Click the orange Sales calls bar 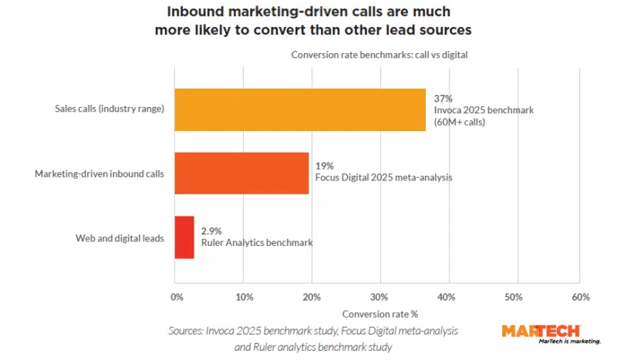pyautogui.click(x=300, y=109)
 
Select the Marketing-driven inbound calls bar pyautogui.click(x=241, y=173)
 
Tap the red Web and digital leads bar pyautogui.click(x=184, y=237)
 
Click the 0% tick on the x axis pyautogui.click(x=177, y=297)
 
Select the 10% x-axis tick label pyautogui.click(x=244, y=297)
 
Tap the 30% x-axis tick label pyautogui.click(x=379, y=297)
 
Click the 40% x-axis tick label pyautogui.click(x=446, y=297)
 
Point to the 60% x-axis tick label pyautogui.click(x=581, y=297)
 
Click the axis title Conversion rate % pyautogui.click(x=379, y=314)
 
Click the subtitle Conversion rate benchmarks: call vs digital pyautogui.click(x=379, y=55)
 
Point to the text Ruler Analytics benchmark pyautogui.click(x=257, y=243)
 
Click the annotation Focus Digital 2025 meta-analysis pyautogui.click(x=383, y=177)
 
